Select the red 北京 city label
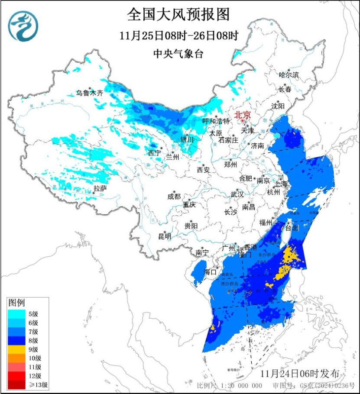(x=243, y=115)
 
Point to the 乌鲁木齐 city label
(x=90, y=93)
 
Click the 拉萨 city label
(x=100, y=188)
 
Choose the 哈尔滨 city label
(x=289, y=75)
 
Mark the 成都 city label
(x=174, y=196)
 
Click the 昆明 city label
(x=165, y=236)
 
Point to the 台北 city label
(x=292, y=228)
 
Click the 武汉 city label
(x=237, y=194)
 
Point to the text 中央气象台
(x=178, y=54)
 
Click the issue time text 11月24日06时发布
(x=303, y=373)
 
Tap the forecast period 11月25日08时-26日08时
(x=178, y=36)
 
